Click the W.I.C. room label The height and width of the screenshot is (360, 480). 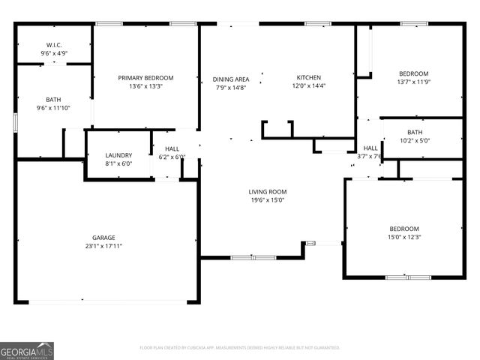53,45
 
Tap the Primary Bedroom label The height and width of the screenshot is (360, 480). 145,78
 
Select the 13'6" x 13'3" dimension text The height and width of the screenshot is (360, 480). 145,86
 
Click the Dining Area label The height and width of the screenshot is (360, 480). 231,79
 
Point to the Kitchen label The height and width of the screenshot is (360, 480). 308,78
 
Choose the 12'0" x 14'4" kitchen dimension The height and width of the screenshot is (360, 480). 308,86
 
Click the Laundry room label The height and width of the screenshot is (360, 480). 118,155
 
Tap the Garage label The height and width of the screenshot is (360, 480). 103,238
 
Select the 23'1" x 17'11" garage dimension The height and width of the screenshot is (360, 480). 103,246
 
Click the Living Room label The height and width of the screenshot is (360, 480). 268,192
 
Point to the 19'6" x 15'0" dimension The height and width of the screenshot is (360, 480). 268,200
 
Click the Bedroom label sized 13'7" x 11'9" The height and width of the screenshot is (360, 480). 413,73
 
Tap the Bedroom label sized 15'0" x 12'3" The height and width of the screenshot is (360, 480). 403,229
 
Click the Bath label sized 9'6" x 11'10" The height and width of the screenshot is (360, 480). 53,100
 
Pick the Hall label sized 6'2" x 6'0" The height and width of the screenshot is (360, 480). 172,149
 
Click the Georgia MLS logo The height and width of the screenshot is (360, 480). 27,350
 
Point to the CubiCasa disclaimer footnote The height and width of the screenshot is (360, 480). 240,348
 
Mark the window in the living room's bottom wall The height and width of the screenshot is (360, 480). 253,257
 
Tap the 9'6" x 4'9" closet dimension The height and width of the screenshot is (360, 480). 53,53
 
